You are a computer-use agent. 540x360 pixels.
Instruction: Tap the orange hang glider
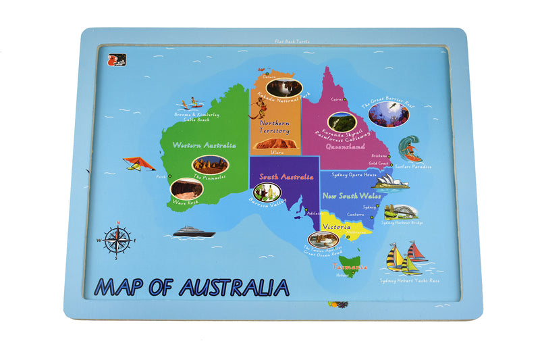tap(138, 163)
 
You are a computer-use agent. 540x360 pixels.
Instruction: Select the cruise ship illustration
tap(193, 232)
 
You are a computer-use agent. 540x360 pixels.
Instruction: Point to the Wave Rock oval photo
tap(184, 188)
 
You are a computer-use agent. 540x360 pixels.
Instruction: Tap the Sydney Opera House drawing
tap(391, 182)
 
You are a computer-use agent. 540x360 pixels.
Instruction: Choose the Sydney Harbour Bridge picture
tap(401, 211)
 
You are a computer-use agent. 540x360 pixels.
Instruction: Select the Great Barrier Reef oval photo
tap(389, 114)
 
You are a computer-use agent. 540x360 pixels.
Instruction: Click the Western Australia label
tap(204, 145)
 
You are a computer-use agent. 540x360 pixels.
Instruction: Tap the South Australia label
tap(282, 176)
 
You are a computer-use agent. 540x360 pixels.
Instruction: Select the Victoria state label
tap(335, 226)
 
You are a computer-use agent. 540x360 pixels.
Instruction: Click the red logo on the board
tap(113, 59)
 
